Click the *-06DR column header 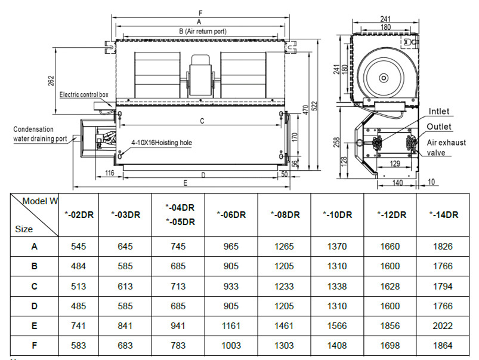pyautogui.click(x=231, y=215)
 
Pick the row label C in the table pyautogui.click(x=34, y=287)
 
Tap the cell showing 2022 pyautogui.click(x=444, y=326)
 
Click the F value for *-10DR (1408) pyautogui.click(x=336, y=346)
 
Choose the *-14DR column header pyautogui.click(x=444, y=215)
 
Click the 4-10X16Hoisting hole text pyautogui.click(x=162, y=143)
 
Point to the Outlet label pyautogui.click(x=438, y=127)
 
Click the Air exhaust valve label pyautogui.click(x=446, y=147)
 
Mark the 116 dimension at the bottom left pyautogui.click(x=109, y=173)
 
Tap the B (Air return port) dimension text pyautogui.click(x=202, y=30)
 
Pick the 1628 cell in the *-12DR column pyautogui.click(x=391, y=287)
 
